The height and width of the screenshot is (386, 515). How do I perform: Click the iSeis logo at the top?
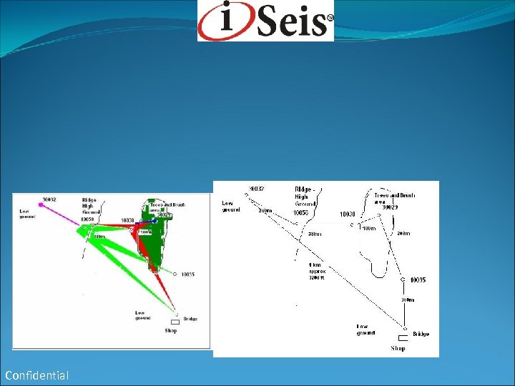(265, 21)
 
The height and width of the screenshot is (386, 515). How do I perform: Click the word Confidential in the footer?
(36, 375)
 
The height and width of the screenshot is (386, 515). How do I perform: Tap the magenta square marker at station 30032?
(41, 205)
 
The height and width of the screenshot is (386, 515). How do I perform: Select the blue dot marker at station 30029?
(154, 221)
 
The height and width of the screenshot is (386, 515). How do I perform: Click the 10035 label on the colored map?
(188, 274)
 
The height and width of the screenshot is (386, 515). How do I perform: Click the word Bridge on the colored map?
(190, 319)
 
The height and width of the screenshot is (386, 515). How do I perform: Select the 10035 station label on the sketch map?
(417, 279)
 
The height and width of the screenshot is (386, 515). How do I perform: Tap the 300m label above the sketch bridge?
(406, 300)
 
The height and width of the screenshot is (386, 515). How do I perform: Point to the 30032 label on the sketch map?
(256, 189)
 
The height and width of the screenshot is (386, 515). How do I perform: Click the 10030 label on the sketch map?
(348, 214)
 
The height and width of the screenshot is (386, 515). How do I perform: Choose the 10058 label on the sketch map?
(302, 213)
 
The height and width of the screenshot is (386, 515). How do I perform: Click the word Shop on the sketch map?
(398, 348)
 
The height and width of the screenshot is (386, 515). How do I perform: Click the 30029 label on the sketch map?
(390, 207)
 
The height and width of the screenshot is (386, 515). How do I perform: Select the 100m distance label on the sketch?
(368, 229)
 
